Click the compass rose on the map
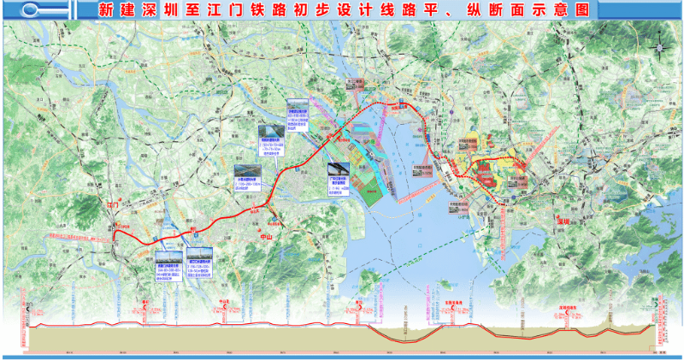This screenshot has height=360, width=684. pos(658,48)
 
